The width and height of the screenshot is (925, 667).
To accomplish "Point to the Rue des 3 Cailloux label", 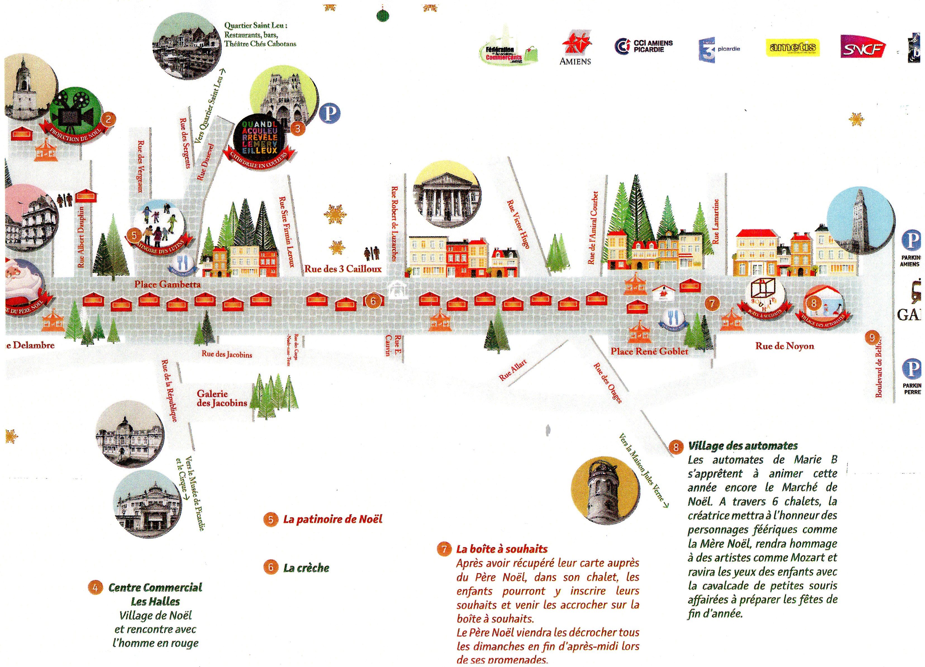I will click(343, 269).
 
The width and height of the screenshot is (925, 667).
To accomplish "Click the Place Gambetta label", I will click(168, 284).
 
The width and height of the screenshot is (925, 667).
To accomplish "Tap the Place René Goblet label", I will click(649, 351).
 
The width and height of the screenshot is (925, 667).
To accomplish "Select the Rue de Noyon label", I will click(784, 346).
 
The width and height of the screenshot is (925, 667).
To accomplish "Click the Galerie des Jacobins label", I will click(222, 398).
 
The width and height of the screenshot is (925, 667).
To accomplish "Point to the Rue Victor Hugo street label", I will click(519, 224).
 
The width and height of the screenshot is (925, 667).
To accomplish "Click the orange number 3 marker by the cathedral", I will click(298, 129).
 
